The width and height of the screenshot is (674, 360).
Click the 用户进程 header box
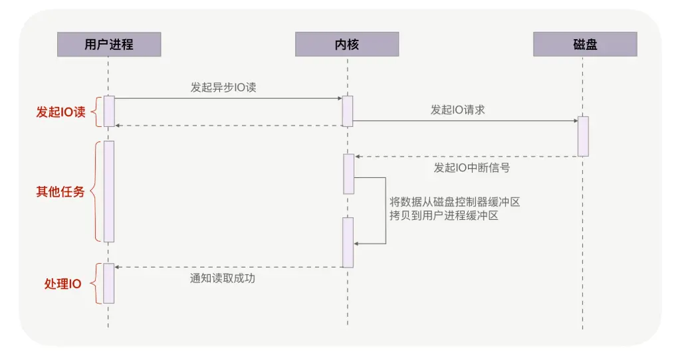[108, 45]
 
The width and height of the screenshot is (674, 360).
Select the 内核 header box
[346, 45]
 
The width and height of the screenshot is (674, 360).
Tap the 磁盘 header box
[585, 45]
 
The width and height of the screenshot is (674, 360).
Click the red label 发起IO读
[60, 112]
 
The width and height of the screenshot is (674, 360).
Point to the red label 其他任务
[60, 192]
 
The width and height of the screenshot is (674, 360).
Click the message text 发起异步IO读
[223, 87]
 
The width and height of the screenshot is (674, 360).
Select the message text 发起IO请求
[457, 110]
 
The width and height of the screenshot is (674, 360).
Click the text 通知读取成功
[223, 279]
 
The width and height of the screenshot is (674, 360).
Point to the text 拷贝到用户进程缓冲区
[444, 216]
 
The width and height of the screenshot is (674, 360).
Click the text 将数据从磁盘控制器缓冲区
[455, 201]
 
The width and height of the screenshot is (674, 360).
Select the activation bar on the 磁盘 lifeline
[583, 136]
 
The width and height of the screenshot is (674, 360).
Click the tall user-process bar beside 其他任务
[109, 191]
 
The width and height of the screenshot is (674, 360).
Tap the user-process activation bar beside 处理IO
[109, 283]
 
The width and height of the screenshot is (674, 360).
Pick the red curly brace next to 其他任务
[94, 191]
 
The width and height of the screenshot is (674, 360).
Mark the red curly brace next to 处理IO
[95, 284]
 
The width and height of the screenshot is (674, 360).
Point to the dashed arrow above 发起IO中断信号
[465, 157]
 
